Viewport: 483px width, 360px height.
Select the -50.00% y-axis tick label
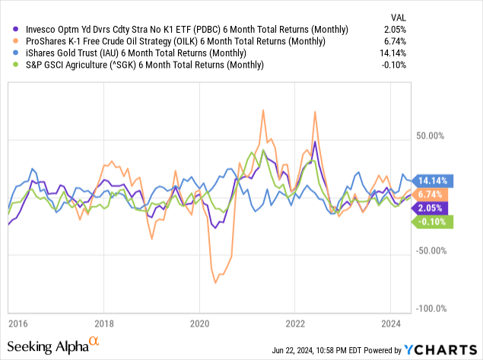(x=431, y=250)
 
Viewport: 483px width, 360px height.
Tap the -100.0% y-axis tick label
(x=431, y=308)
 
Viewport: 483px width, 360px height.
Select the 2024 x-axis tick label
(x=389, y=323)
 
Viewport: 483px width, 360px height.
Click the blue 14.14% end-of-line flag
(x=431, y=180)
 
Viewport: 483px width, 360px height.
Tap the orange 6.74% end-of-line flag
(x=431, y=194)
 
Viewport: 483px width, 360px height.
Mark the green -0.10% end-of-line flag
(x=431, y=221)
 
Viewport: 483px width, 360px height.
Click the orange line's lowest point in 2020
(x=215, y=282)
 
